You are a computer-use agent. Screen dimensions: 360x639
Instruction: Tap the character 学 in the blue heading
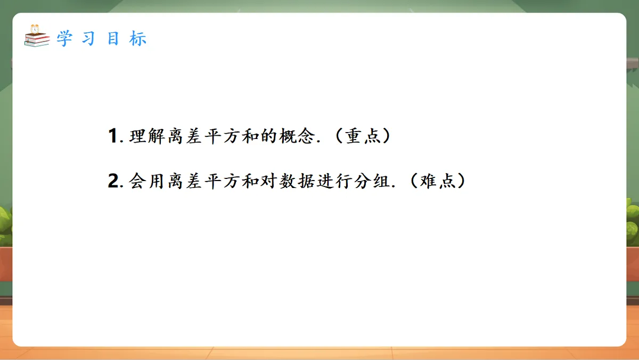point(64,39)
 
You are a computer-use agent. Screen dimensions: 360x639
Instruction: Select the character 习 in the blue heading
point(89,39)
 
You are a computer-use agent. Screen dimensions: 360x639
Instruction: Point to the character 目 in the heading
point(113,39)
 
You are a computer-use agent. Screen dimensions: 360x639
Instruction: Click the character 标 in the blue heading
point(137,39)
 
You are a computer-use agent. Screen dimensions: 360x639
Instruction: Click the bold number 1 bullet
point(112,136)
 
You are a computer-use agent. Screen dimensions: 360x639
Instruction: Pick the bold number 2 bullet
point(112,182)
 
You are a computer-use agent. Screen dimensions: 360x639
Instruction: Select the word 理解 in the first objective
point(146,136)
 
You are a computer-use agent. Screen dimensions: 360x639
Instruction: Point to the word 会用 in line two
point(146,182)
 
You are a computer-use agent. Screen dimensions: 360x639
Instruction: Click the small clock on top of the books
point(35,28)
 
